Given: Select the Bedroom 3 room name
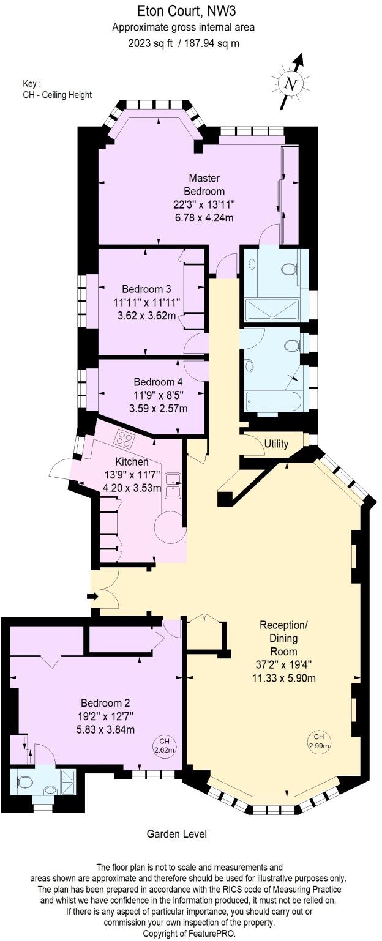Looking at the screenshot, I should pos(146,289).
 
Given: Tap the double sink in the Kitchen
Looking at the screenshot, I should pos(173,483).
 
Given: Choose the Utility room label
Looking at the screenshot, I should pos(276,444).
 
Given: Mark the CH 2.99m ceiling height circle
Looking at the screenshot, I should pos(319,740).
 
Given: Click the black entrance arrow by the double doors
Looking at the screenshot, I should pos(92,596).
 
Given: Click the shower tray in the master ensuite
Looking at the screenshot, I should pos(272,310).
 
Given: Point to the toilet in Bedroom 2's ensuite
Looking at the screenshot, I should pos(25,781).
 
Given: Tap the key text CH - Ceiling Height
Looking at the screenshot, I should pos(58,95).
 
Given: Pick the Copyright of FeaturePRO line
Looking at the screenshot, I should pos(190,934).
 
